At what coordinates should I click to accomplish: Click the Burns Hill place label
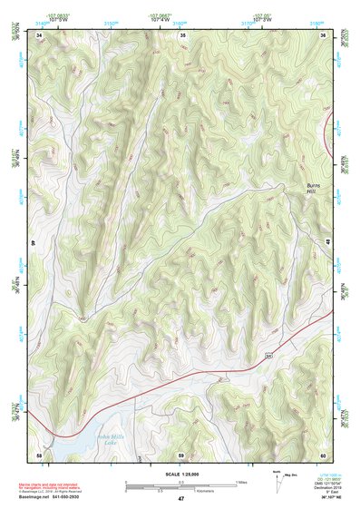(311, 191)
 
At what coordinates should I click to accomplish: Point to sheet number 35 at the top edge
(182, 34)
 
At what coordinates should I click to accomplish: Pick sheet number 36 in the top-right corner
(324, 34)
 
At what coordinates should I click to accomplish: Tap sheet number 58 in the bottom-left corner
(39, 454)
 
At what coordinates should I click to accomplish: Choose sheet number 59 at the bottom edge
(181, 454)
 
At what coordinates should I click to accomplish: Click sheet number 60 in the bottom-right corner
(322, 454)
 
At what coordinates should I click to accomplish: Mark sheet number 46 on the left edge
(34, 242)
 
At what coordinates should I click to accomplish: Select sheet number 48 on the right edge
(327, 240)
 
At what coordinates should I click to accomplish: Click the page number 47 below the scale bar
(181, 499)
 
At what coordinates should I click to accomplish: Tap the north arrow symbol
(276, 480)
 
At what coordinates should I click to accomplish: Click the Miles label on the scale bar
(241, 482)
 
